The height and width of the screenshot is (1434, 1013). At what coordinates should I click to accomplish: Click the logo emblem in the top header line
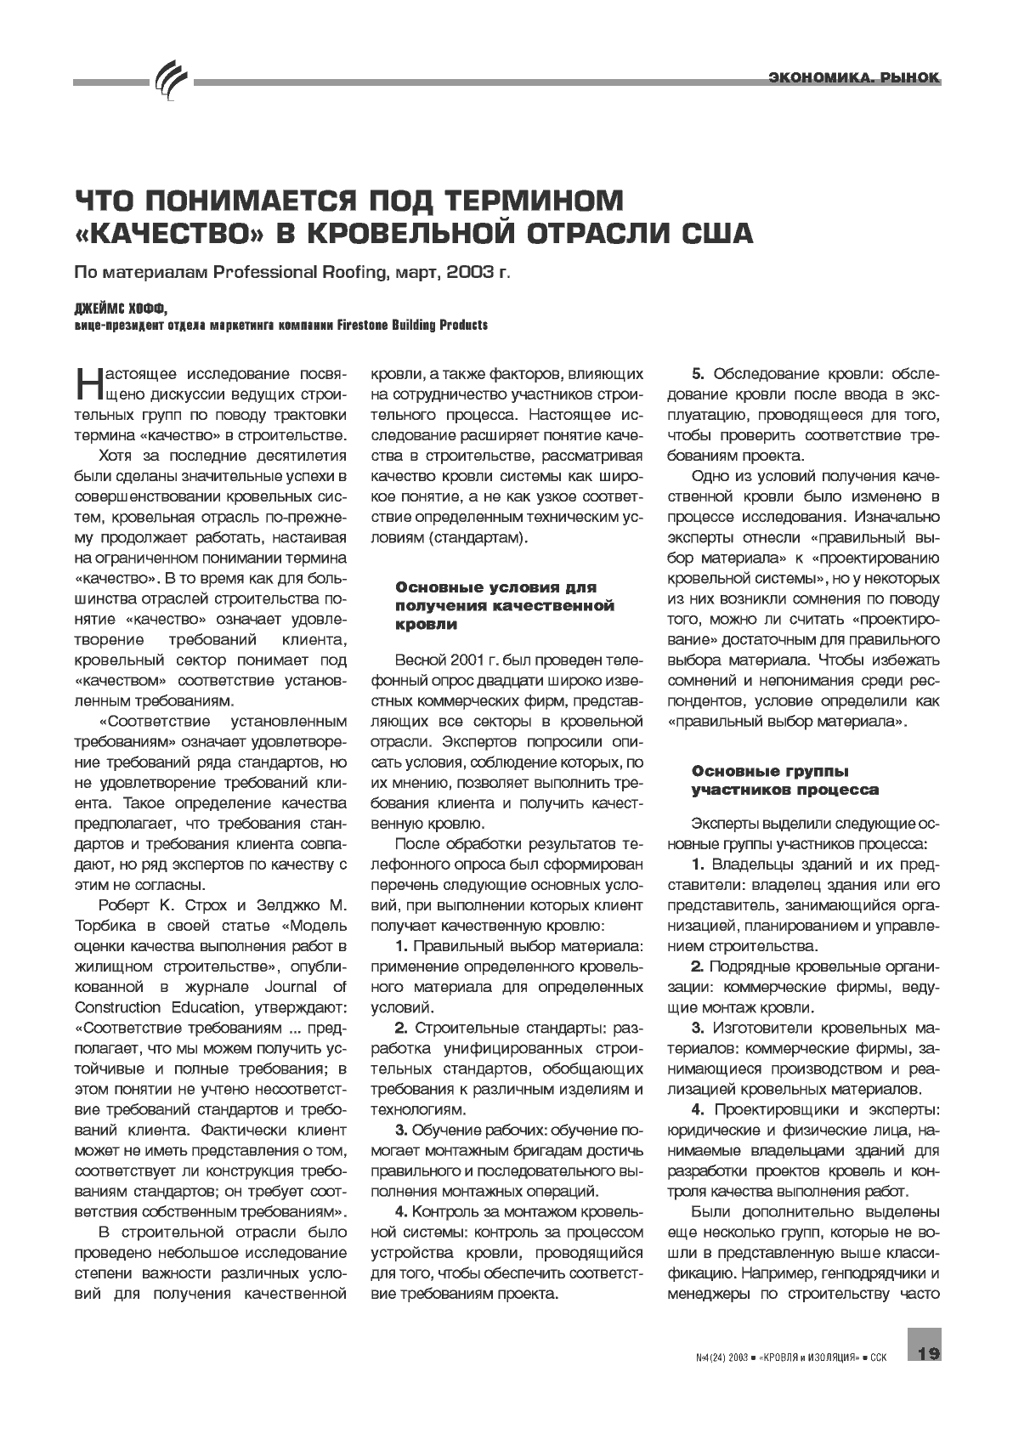point(170,82)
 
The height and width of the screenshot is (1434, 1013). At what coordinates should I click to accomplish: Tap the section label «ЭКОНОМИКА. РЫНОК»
point(853,78)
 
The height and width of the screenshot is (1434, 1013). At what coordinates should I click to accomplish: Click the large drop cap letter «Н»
point(89,383)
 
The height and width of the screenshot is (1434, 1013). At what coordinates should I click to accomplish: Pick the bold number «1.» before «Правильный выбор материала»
point(404,946)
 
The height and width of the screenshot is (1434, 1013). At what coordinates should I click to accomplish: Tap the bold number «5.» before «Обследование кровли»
point(699,374)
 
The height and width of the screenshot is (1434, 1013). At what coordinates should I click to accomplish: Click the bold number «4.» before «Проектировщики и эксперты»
point(699,1109)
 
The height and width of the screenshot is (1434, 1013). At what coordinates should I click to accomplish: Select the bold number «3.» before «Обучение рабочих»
point(404,1130)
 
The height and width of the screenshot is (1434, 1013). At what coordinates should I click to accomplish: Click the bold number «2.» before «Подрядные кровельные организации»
point(699,966)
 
